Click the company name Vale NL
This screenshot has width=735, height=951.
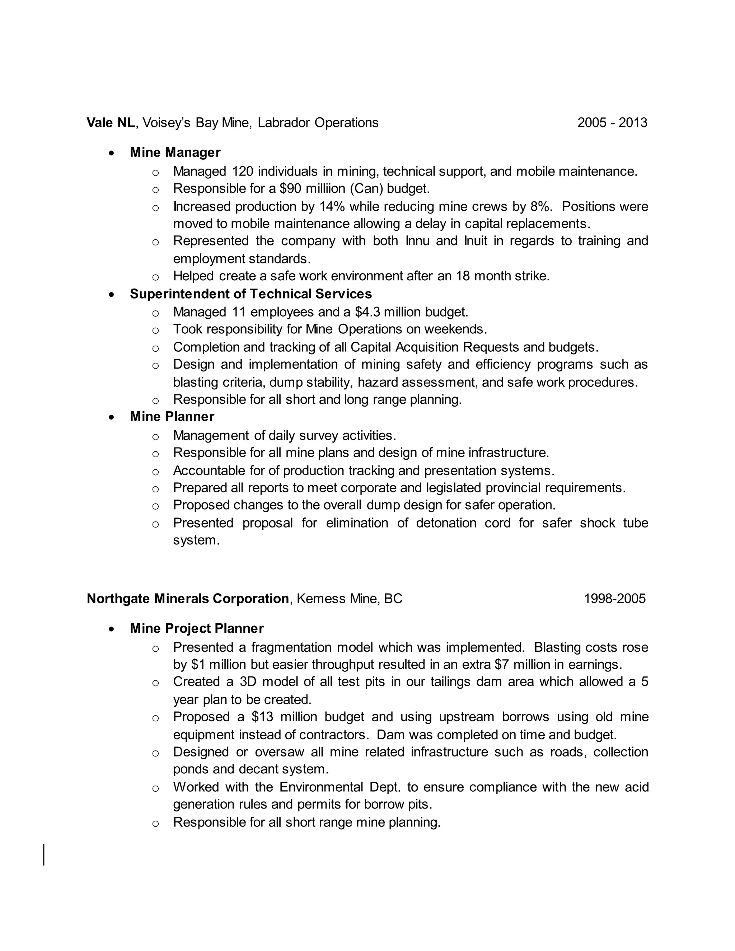coord(111,123)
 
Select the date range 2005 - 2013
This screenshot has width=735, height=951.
coord(612,123)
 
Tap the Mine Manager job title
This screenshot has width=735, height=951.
coord(175,153)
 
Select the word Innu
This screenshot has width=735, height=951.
coord(417,241)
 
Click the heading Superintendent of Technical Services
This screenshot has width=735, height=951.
coord(251,294)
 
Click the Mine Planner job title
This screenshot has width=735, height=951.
coord(172,417)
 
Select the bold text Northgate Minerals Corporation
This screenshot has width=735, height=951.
coord(188,599)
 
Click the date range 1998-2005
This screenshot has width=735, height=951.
coord(614,599)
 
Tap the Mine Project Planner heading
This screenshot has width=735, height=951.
coord(197,628)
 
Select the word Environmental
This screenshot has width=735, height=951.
coord(321,787)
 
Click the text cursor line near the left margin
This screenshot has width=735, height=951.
coord(44,855)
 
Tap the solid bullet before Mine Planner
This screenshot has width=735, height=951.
coord(112,417)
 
